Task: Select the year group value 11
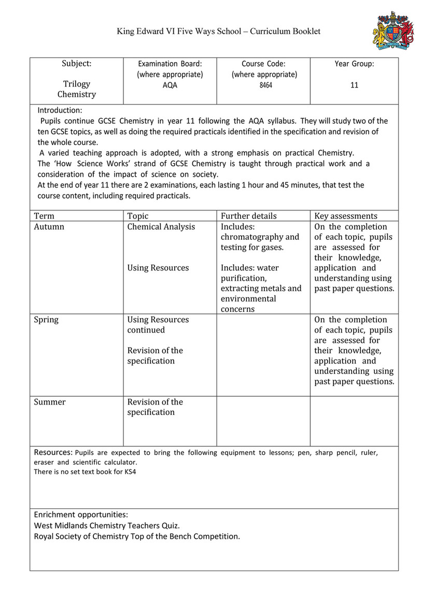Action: [x=354, y=85]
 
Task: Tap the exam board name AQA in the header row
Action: [x=170, y=85]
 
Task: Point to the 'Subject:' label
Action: [x=77, y=64]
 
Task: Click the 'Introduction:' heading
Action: [x=60, y=110]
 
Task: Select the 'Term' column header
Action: [x=44, y=216]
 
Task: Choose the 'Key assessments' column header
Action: [x=346, y=216]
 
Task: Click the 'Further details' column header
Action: [x=249, y=216]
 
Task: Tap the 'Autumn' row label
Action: [x=49, y=227]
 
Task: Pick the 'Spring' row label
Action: [x=46, y=320]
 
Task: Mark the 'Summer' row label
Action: [x=50, y=402]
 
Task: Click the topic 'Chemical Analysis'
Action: [x=161, y=227]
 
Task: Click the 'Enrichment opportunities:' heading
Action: [x=81, y=514]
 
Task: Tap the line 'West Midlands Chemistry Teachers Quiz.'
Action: [x=107, y=525]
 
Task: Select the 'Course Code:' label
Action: [x=263, y=64]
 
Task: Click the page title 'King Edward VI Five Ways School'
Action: [x=178, y=32]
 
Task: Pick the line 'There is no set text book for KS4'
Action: [x=85, y=471]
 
